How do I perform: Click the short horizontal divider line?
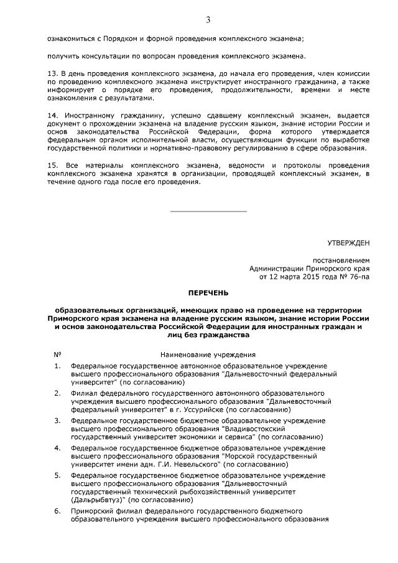[208, 212]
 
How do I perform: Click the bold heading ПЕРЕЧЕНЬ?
[208, 292]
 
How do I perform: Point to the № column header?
[57, 354]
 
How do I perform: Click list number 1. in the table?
[57, 366]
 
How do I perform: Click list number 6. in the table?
[57, 511]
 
